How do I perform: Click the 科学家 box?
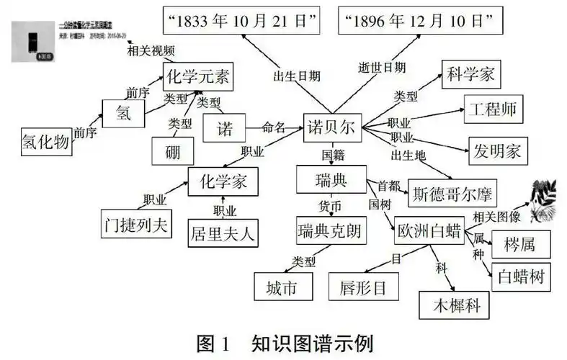pyautogui.click(x=470, y=74)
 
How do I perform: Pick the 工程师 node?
pyautogui.click(x=494, y=110)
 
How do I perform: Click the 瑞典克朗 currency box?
pyautogui.click(x=331, y=231)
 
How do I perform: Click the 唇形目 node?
pyautogui.click(x=362, y=287)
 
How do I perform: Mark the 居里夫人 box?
pyautogui.click(x=223, y=233)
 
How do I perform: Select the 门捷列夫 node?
pyautogui.click(x=135, y=223)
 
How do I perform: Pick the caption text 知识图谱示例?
pyautogui.click(x=312, y=343)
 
